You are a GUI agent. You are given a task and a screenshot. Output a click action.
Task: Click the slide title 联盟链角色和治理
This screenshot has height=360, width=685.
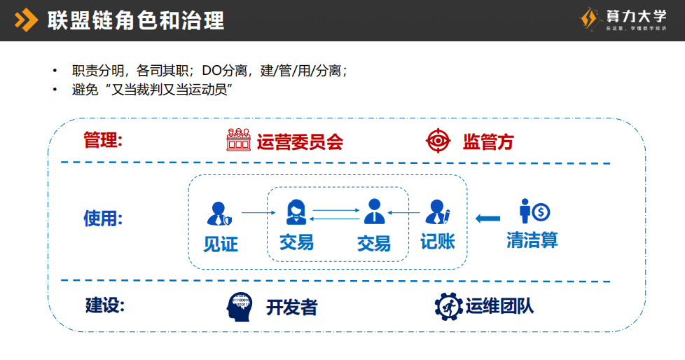tap(136, 20)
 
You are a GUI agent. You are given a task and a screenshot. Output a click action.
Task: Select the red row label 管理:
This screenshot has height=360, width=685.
tap(103, 140)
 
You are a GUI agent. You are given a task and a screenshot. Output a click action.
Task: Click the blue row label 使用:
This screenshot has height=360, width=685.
tap(103, 219)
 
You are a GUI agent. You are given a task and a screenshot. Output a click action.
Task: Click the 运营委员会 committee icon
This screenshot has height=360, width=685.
tap(238, 141)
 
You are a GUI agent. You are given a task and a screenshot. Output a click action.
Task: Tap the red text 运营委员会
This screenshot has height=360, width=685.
tap(300, 142)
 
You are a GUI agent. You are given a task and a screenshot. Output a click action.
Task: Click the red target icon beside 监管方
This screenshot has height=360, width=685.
tap(438, 141)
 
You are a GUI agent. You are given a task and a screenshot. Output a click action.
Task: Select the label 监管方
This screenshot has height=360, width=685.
tap(488, 142)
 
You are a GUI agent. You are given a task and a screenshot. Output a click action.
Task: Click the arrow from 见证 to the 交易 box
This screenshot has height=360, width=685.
tap(254, 212)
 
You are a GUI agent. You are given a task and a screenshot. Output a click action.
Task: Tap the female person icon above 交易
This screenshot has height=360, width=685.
tap(295, 211)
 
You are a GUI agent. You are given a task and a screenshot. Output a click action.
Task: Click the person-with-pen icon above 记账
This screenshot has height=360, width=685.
tap(437, 212)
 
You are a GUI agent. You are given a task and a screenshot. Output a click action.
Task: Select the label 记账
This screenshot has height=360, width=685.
tap(437, 242)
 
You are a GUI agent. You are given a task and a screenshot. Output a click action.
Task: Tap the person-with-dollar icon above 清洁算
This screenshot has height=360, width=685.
tap(534, 211)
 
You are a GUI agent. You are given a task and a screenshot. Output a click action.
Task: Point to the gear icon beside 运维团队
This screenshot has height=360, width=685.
tap(448, 306)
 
